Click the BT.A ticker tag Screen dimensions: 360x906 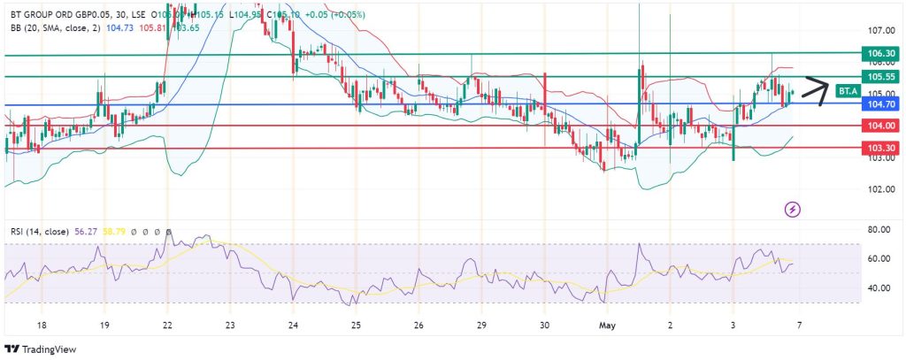point(848,90)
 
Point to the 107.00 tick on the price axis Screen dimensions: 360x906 point(879,30)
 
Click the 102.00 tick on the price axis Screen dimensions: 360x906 point(879,189)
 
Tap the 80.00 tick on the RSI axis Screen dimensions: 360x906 point(879,230)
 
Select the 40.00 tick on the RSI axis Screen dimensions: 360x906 point(879,288)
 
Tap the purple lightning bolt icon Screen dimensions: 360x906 point(793,210)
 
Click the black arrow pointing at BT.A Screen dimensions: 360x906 point(814,91)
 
